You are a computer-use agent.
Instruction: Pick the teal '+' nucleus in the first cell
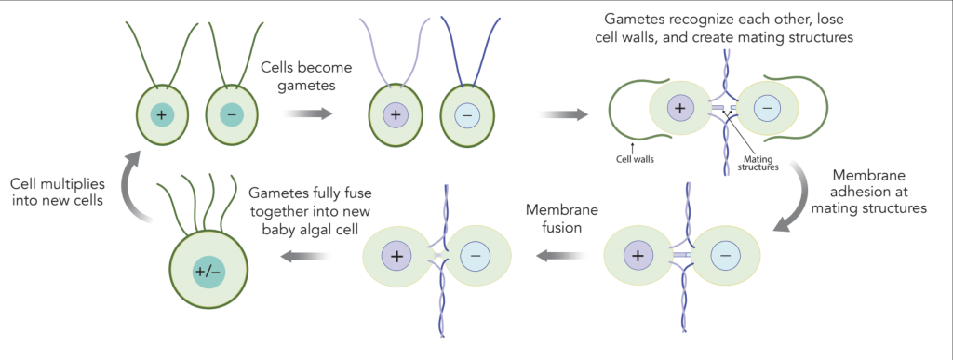coord(164,114)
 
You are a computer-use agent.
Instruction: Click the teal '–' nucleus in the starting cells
coord(229,114)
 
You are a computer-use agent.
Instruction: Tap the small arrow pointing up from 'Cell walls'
coord(633,146)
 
